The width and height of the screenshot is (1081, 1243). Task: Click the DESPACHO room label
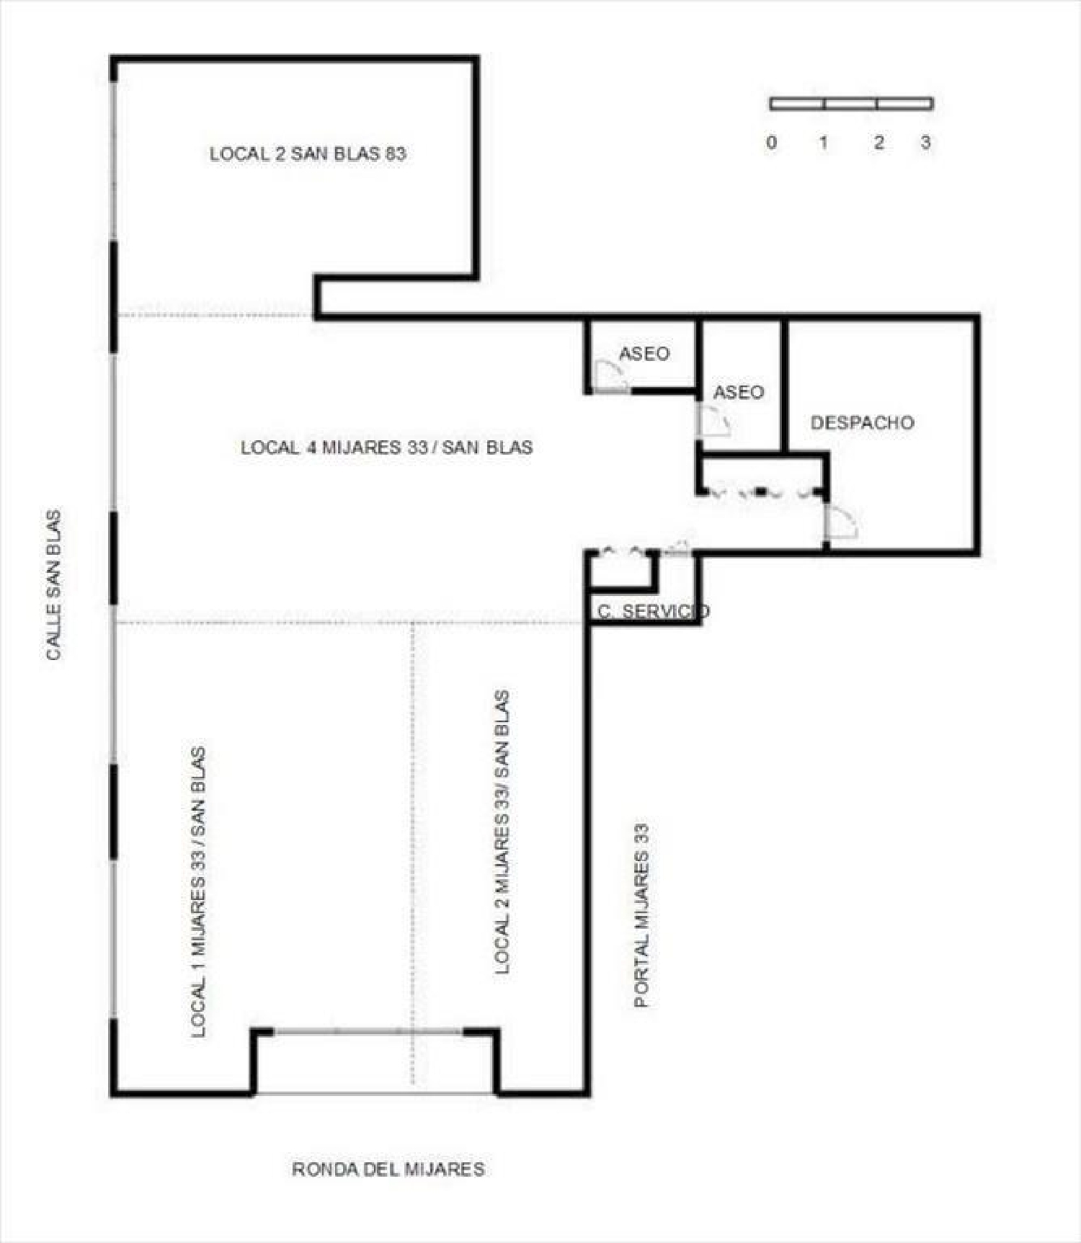862,422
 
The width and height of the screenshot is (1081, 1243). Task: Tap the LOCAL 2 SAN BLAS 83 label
308,153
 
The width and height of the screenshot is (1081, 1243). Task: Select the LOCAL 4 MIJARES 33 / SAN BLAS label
387,447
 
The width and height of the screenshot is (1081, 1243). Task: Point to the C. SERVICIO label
653,611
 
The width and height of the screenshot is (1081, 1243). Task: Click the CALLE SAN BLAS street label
54,584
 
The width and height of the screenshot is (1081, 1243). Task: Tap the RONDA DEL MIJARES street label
388,1168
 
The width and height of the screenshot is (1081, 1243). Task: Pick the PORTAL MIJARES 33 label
641,915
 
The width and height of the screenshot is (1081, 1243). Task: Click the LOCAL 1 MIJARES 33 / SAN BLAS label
198,892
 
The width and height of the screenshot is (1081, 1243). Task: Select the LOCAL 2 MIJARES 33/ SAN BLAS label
502,832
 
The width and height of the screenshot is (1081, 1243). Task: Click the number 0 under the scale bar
772,142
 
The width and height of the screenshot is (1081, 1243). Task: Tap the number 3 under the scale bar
925,142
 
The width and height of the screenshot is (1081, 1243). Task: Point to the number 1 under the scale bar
823,142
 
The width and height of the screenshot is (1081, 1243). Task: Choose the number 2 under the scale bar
878,142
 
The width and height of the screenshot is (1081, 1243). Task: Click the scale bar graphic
852,104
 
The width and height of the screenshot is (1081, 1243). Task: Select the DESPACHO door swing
841,522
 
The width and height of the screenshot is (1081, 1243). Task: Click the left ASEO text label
644,353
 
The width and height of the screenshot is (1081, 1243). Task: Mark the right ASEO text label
738,392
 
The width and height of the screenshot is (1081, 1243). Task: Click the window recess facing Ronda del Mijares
375,1062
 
